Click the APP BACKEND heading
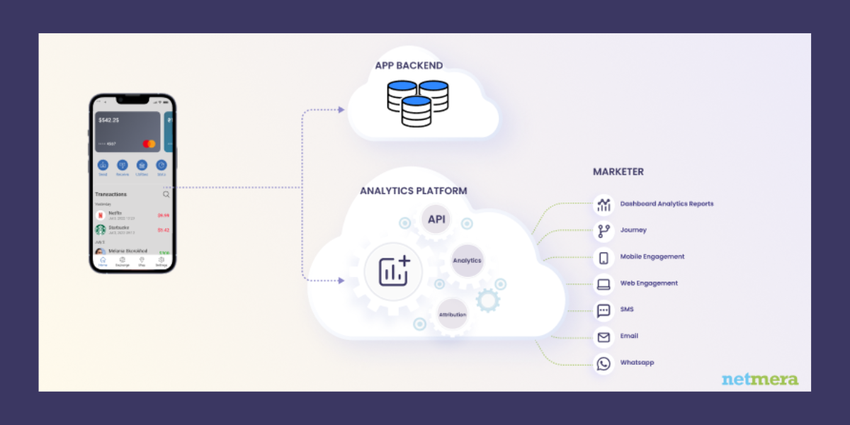409,66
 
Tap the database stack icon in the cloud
417,103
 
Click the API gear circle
436,219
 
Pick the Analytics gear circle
467,261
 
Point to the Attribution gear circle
452,314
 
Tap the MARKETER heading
618,172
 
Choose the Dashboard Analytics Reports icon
603,205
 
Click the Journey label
633,230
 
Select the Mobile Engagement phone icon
603,258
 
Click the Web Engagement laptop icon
603,284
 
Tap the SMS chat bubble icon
603,310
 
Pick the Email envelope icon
603,337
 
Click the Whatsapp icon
603,363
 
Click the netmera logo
759,379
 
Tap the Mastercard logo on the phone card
149,144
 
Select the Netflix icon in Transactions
101,215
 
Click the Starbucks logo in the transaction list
101,230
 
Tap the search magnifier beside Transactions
166,194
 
